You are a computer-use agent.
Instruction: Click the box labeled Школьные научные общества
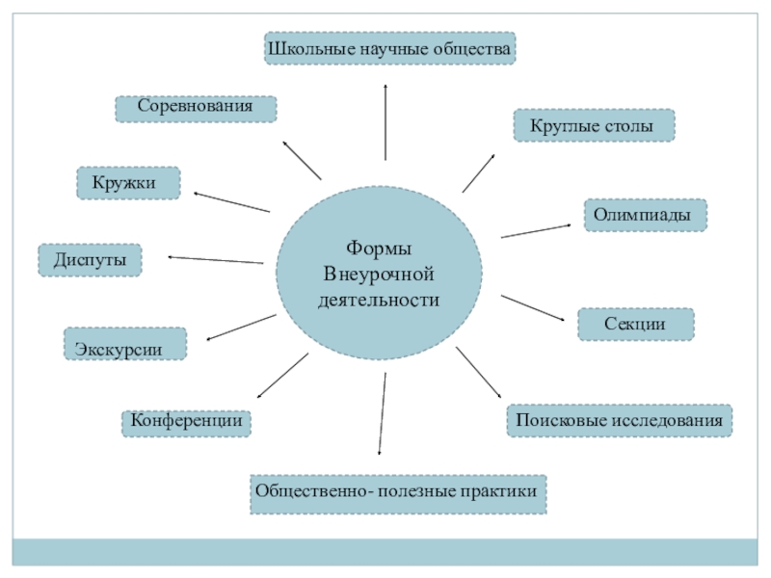pyautogui.click(x=390, y=47)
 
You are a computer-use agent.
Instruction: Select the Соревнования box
pyautogui.click(x=196, y=108)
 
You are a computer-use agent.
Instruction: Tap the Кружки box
pyautogui.click(x=128, y=183)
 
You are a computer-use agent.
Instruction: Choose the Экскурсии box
pyautogui.click(x=125, y=344)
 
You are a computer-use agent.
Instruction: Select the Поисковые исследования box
pyautogui.click(x=619, y=421)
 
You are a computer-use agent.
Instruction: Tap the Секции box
pyautogui.click(x=635, y=325)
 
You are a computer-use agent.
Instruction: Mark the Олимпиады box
pyautogui.click(x=645, y=215)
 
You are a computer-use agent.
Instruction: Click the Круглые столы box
pyautogui.click(x=594, y=126)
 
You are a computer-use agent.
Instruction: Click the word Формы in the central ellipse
pyautogui.click(x=377, y=247)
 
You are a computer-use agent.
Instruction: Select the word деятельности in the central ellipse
pyautogui.click(x=378, y=301)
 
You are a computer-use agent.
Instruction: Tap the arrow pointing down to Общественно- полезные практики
pyautogui.click(x=383, y=414)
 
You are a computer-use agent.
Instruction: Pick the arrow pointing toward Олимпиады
pyautogui.click(x=536, y=230)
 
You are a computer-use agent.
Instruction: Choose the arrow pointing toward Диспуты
pyautogui.click(x=216, y=259)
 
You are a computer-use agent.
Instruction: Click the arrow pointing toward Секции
pyautogui.click(x=532, y=308)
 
